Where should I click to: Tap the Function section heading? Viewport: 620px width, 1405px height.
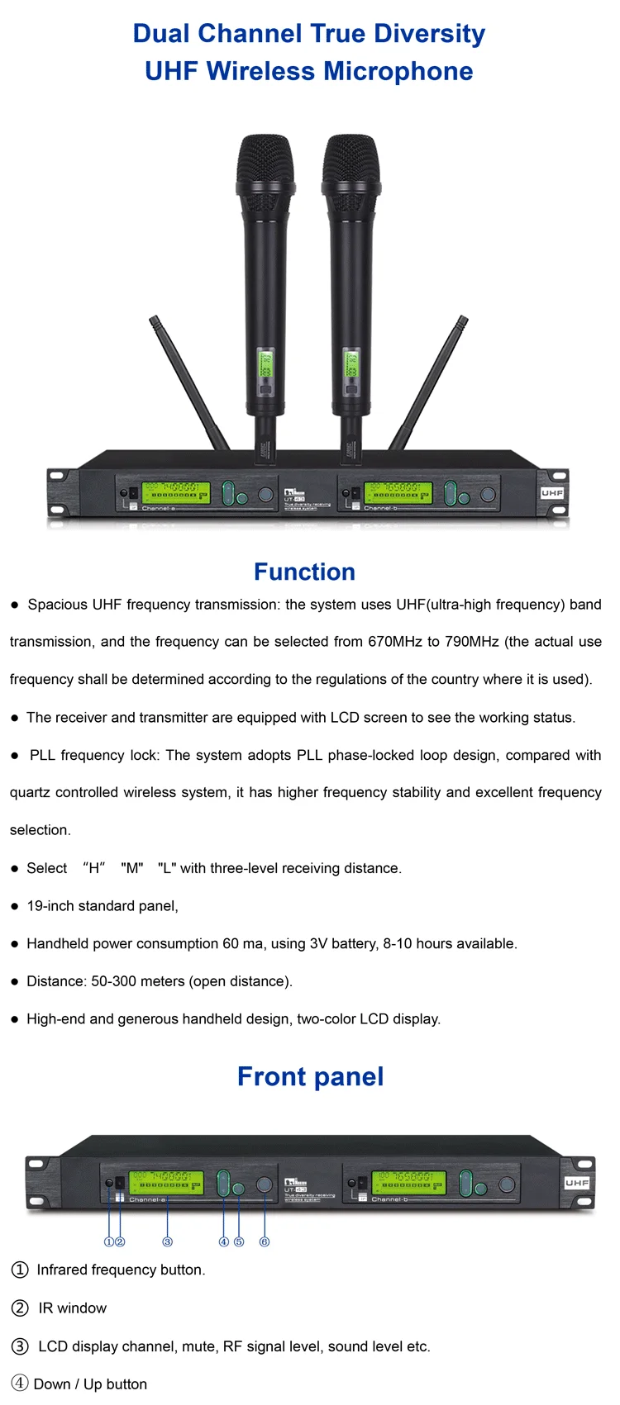(x=304, y=572)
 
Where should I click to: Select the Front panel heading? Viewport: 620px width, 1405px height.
(x=310, y=1076)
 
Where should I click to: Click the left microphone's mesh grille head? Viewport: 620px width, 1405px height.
(x=265, y=165)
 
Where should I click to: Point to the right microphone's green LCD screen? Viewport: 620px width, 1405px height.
(x=351, y=364)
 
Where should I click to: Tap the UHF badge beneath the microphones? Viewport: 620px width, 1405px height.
(x=552, y=493)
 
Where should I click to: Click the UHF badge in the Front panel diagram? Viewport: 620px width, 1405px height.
(x=577, y=1183)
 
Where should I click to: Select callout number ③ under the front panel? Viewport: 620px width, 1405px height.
(x=167, y=1241)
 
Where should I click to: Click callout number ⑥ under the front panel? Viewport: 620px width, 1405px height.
(x=265, y=1241)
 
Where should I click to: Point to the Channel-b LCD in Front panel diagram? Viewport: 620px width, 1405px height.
(x=408, y=1182)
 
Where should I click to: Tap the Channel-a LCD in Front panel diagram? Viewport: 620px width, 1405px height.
(x=165, y=1182)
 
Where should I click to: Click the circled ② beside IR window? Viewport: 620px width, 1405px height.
(x=20, y=1308)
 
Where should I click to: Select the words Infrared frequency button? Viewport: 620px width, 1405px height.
(x=121, y=1270)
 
